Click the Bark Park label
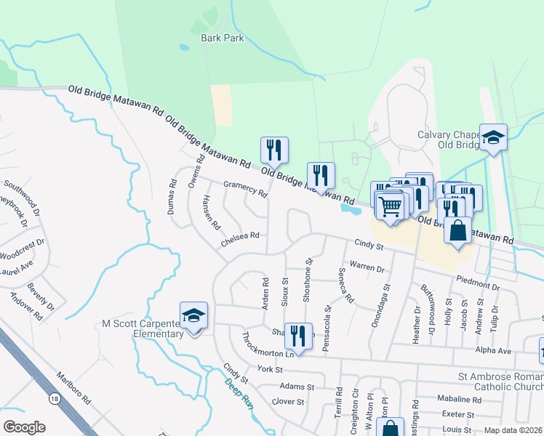223,38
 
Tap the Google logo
23,427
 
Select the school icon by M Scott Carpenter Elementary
193,317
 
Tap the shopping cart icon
391,206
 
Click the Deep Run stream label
238,392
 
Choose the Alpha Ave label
494,350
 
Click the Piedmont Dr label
478,283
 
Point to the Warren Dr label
367,266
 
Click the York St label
269,369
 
